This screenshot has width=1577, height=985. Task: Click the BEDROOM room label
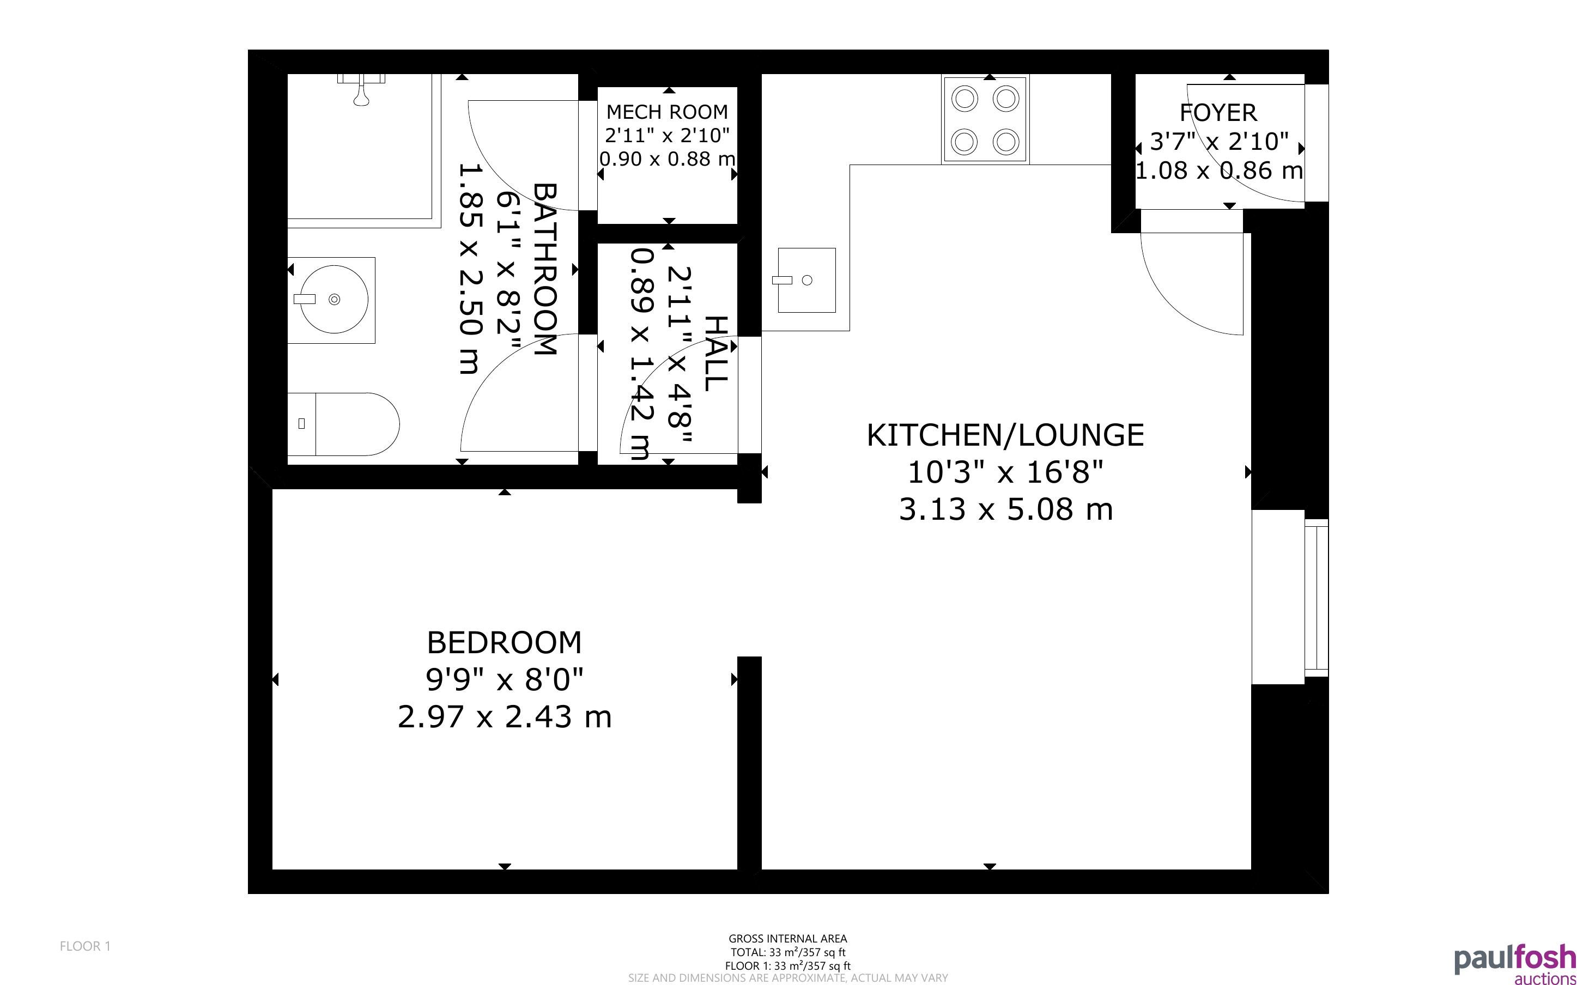504,643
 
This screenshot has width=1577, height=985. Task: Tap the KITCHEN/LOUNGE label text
1005,436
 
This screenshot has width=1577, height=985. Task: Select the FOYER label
1218,113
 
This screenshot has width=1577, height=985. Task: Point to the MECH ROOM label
667,112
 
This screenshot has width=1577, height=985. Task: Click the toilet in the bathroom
343,424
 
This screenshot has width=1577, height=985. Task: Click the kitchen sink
806,280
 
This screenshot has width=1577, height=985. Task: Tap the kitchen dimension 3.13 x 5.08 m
1006,509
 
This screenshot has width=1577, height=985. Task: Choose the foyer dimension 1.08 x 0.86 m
1220,171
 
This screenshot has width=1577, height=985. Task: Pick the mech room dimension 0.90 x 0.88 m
667,159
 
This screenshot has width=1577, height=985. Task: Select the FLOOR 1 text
86,946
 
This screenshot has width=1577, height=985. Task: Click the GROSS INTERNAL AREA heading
787,939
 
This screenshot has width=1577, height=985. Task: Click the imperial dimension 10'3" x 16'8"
1006,472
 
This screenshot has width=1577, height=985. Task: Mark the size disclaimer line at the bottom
787,978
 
